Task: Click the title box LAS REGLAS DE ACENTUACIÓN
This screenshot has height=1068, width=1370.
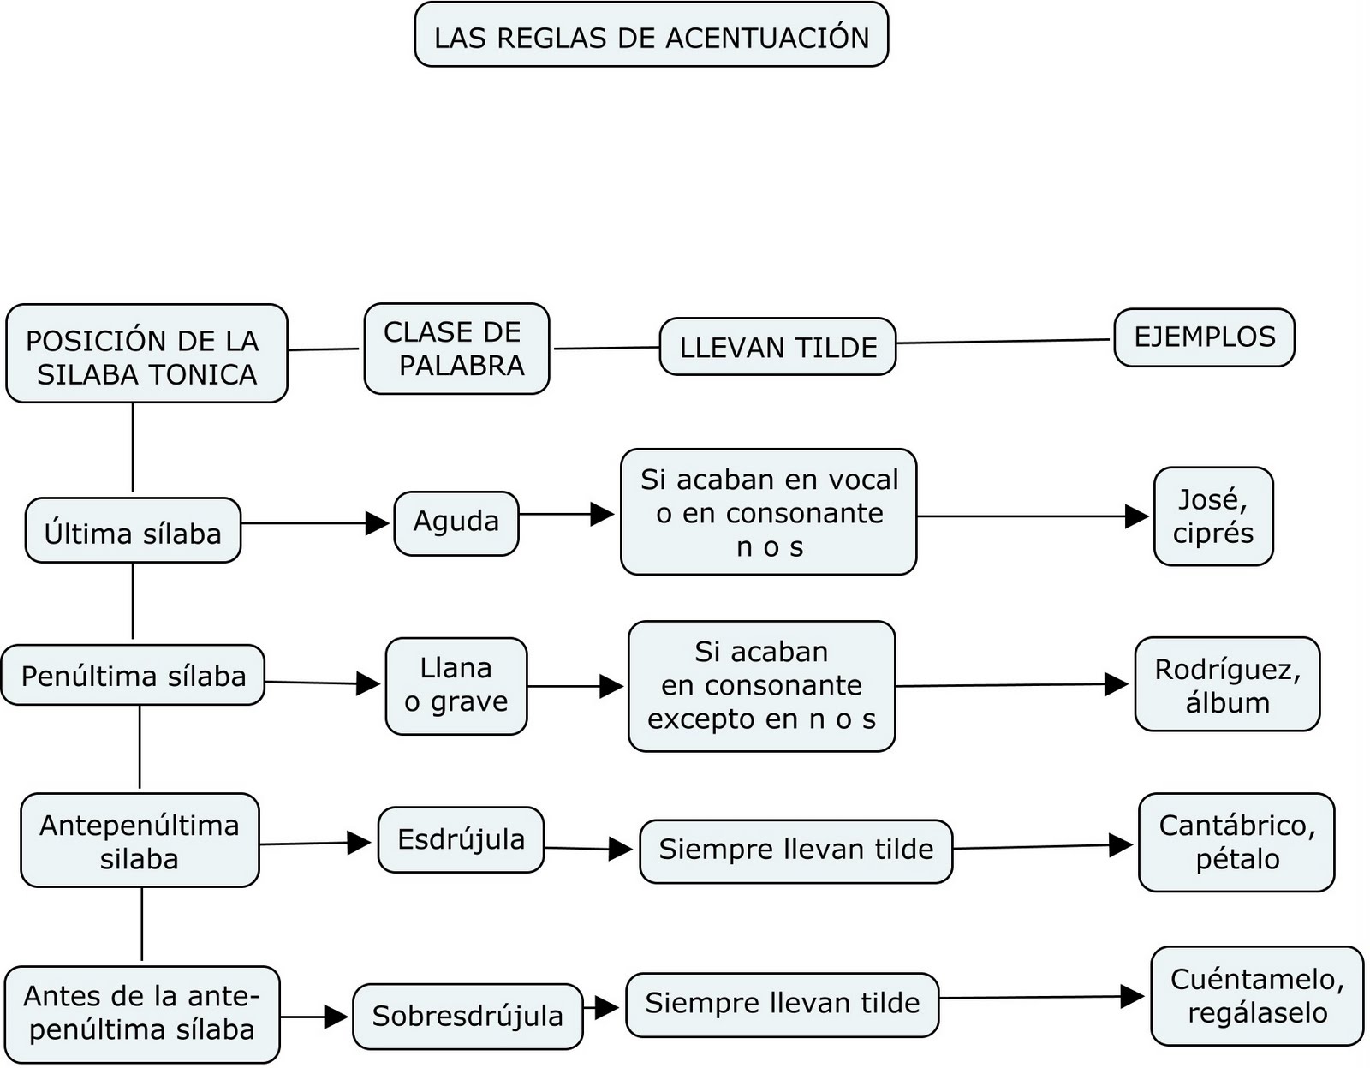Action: (652, 36)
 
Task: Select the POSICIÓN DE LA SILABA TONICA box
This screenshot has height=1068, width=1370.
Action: (146, 354)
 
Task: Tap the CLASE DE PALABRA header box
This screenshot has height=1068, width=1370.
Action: (456, 349)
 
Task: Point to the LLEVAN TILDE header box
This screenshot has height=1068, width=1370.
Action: (777, 347)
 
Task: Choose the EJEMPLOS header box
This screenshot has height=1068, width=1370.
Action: (1204, 337)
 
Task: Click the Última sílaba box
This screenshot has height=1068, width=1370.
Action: (133, 531)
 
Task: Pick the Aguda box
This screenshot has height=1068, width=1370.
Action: (456, 522)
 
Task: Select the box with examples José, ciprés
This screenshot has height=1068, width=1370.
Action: (1213, 516)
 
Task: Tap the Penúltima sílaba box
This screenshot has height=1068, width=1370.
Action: (133, 675)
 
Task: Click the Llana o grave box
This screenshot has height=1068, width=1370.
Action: (456, 686)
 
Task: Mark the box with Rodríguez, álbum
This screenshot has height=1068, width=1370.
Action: (1227, 684)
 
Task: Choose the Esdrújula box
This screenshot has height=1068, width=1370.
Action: (461, 839)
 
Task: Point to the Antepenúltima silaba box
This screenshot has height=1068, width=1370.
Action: (140, 840)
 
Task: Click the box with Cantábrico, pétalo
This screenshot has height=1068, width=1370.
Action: (1236, 843)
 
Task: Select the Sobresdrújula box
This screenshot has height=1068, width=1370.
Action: (468, 1017)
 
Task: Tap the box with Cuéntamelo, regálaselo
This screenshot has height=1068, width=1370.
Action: (1257, 996)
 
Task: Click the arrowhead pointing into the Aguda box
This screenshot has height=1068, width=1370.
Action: (378, 523)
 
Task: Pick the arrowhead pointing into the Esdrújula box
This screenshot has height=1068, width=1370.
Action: (360, 843)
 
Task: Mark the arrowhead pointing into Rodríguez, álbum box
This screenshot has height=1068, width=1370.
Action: (1117, 684)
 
